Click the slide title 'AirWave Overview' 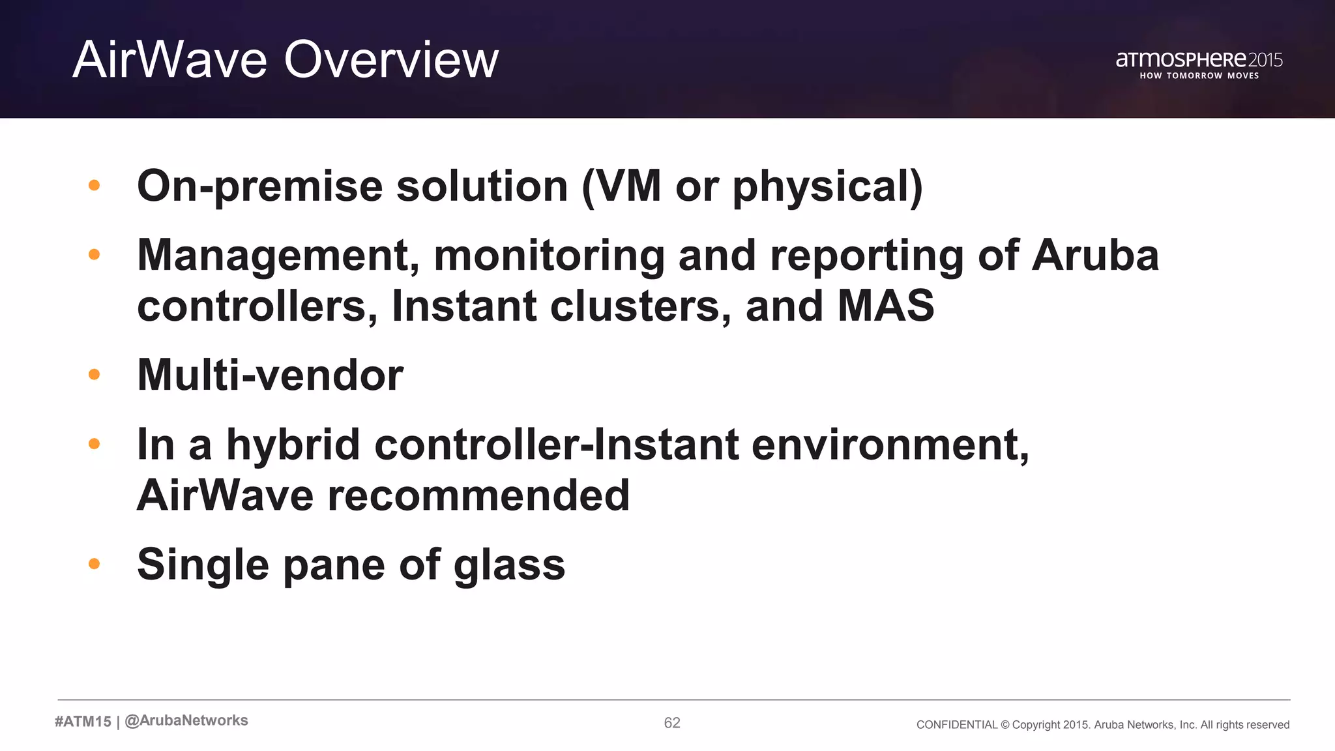pyautogui.click(x=286, y=60)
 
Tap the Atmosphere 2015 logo pyautogui.click(x=1199, y=60)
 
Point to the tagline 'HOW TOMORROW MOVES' pyautogui.click(x=1199, y=76)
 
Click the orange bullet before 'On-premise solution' pyautogui.click(x=94, y=186)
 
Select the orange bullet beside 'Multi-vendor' pyautogui.click(x=94, y=375)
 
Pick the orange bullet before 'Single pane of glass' pyautogui.click(x=94, y=564)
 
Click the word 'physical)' pyautogui.click(x=827, y=186)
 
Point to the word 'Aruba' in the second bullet pyautogui.click(x=1095, y=255)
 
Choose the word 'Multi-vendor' pyautogui.click(x=270, y=375)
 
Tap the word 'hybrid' pyautogui.click(x=293, y=445)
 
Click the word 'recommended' pyautogui.click(x=478, y=495)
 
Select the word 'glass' pyautogui.click(x=509, y=565)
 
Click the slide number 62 pyautogui.click(x=672, y=723)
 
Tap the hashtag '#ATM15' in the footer pyautogui.click(x=83, y=722)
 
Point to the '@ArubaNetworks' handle pyautogui.click(x=186, y=721)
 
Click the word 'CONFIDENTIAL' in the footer pyautogui.click(x=956, y=725)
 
